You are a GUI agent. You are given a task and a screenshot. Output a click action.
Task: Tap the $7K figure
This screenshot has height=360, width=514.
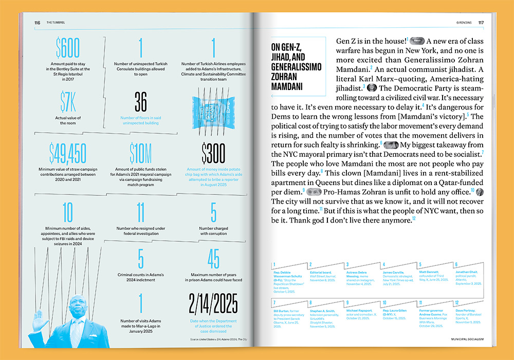pos(67,102)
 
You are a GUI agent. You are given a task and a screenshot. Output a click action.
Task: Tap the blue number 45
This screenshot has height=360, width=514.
pos(213,259)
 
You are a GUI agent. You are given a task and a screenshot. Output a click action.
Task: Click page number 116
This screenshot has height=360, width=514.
pos(37,23)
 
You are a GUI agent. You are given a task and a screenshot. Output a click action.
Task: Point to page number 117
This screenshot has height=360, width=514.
pos(481,23)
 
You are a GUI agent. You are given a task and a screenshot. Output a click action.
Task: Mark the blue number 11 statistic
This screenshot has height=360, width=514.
pos(140,212)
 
